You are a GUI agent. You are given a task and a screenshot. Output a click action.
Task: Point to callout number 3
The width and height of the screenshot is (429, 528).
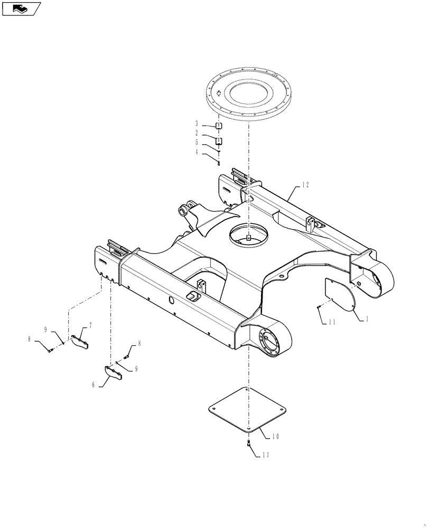point(197,124)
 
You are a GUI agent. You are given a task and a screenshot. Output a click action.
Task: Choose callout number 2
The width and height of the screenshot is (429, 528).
point(197,133)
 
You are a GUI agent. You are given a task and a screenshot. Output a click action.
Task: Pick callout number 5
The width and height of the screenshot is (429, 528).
point(197,143)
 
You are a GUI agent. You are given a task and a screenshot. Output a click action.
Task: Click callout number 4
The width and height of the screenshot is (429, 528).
point(197,153)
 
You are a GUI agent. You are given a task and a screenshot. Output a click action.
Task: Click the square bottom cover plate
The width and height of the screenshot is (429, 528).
point(248,411)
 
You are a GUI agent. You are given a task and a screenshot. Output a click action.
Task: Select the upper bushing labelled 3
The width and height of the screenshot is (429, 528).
point(219,126)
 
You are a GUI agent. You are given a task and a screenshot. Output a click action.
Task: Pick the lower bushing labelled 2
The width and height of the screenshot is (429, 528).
point(219,141)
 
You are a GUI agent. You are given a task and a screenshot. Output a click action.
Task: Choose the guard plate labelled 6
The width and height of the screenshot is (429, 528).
point(114,373)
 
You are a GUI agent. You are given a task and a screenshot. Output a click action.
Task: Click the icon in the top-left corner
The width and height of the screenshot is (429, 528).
point(21,8)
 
